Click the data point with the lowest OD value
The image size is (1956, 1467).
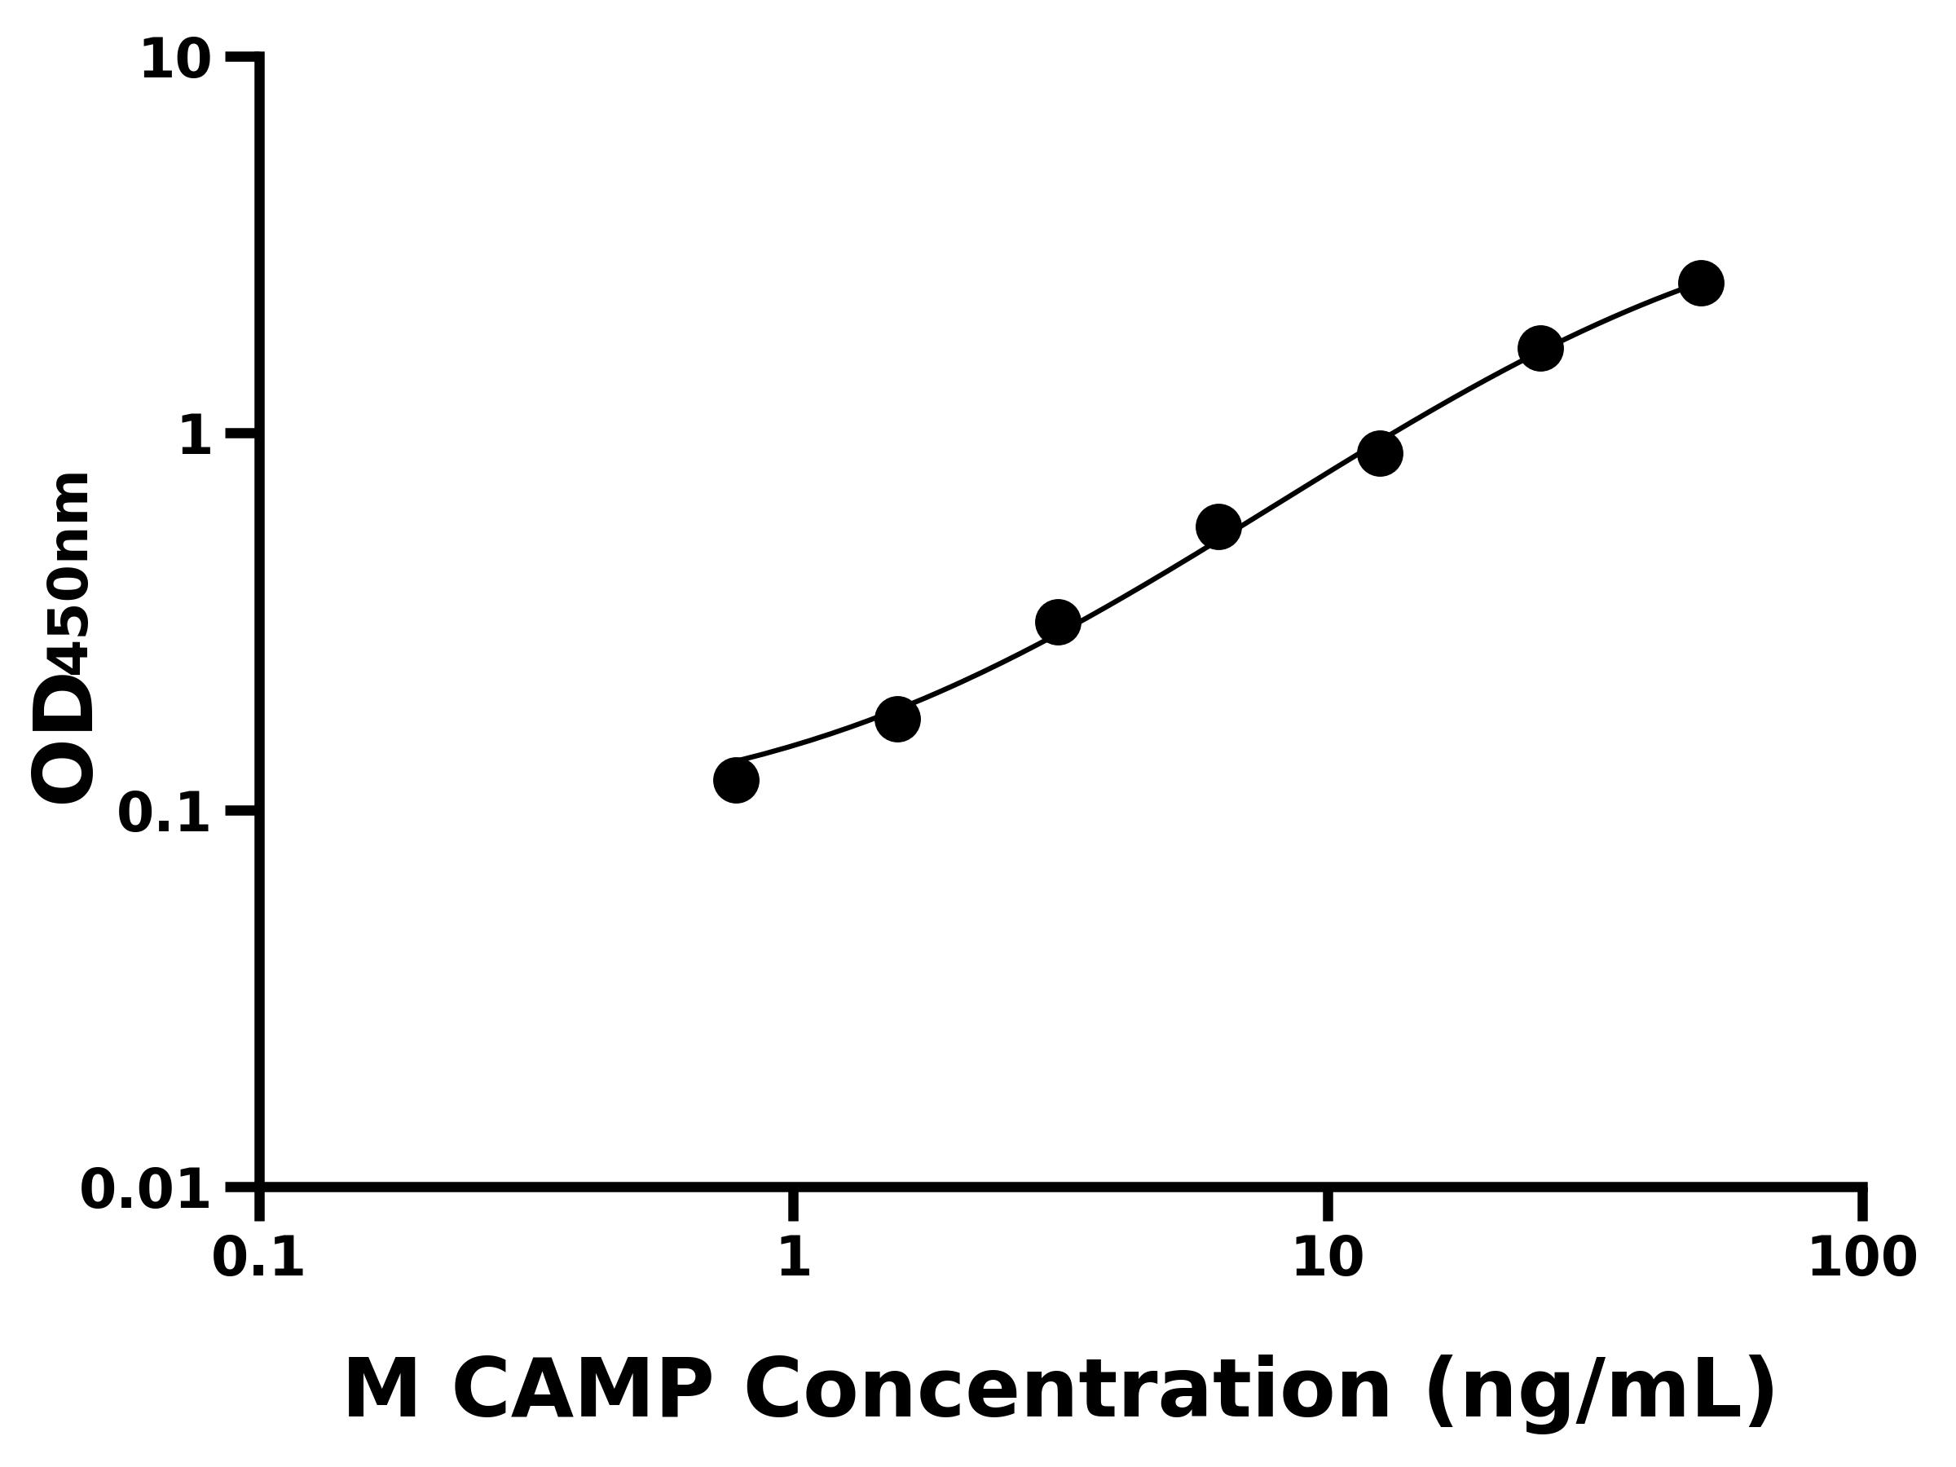click(x=736, y=780)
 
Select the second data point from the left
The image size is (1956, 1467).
click(x=897, y=719)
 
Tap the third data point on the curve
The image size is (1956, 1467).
click(x=1058, y=623)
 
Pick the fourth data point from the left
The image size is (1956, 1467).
click(x=1218, y=527)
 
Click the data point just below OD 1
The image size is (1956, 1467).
click(x=1380, y=454)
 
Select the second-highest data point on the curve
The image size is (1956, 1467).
click(x=1540, y=348)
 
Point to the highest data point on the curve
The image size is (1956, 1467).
click(x=1700, y=283)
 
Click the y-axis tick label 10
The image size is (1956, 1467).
click(x=176, y=61)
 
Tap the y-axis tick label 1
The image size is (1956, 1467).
click(x=196, y=437)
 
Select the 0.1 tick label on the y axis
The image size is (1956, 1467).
click(x=165, y=813)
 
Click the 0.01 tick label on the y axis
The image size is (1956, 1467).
click(x=146, y=1190)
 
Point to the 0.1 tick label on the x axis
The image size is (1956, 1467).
click(x=258, y=1258)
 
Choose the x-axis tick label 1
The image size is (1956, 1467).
click(x=794, y=1258)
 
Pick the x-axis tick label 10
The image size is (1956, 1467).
click(x=1328, y=1258)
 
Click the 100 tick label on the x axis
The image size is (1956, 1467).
click(x=1862, y=1258)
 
